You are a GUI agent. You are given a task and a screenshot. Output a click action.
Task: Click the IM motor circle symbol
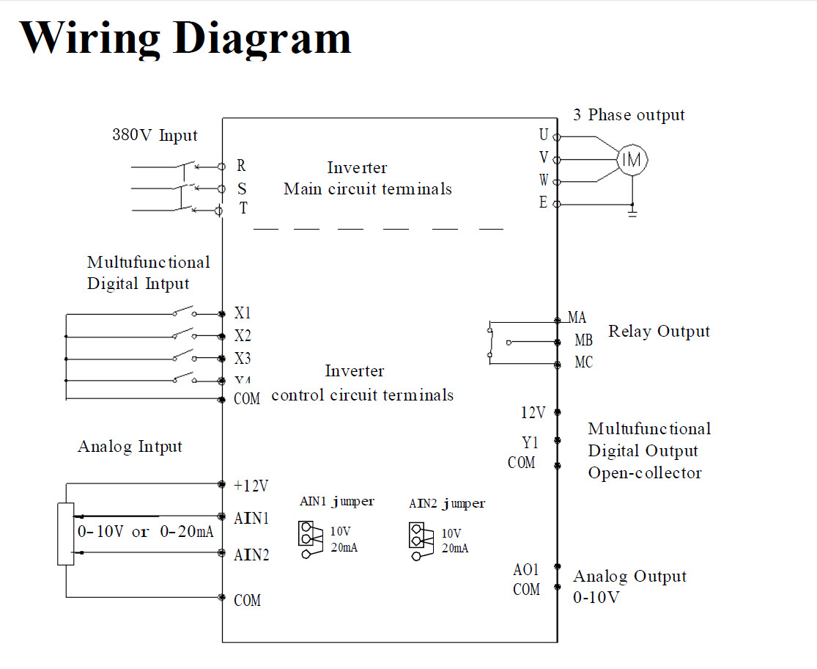[x=631, y=159]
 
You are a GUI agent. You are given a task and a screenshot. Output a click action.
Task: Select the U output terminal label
[x=543, y=135]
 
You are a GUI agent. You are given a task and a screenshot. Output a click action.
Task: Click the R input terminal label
[x=241, y=167]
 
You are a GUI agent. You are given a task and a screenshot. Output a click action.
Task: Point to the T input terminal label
[x=243, y=208]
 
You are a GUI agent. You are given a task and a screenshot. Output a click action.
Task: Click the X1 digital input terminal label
[x=243, y=313]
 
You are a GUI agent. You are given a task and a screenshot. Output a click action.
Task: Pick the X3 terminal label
[x=243, y=359]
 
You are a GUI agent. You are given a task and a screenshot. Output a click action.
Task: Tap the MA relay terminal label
[x=577, y=318]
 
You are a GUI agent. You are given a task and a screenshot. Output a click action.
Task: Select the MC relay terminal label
[x=583, y=362]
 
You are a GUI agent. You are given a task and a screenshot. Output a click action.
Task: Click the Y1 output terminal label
[x=530, y=442]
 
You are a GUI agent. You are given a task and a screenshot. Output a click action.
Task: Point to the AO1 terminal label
[x=526, y=570]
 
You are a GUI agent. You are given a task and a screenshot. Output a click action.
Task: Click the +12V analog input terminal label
[x=251, y=486]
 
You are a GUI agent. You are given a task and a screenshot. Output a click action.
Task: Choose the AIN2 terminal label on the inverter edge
[x=251, y=555]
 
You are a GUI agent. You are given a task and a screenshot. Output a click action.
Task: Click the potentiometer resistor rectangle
[x=66, y=533]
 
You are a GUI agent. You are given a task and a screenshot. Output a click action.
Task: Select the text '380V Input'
[x=155, y=136]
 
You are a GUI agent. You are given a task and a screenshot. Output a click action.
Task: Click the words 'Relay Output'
[x=659, y=332]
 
